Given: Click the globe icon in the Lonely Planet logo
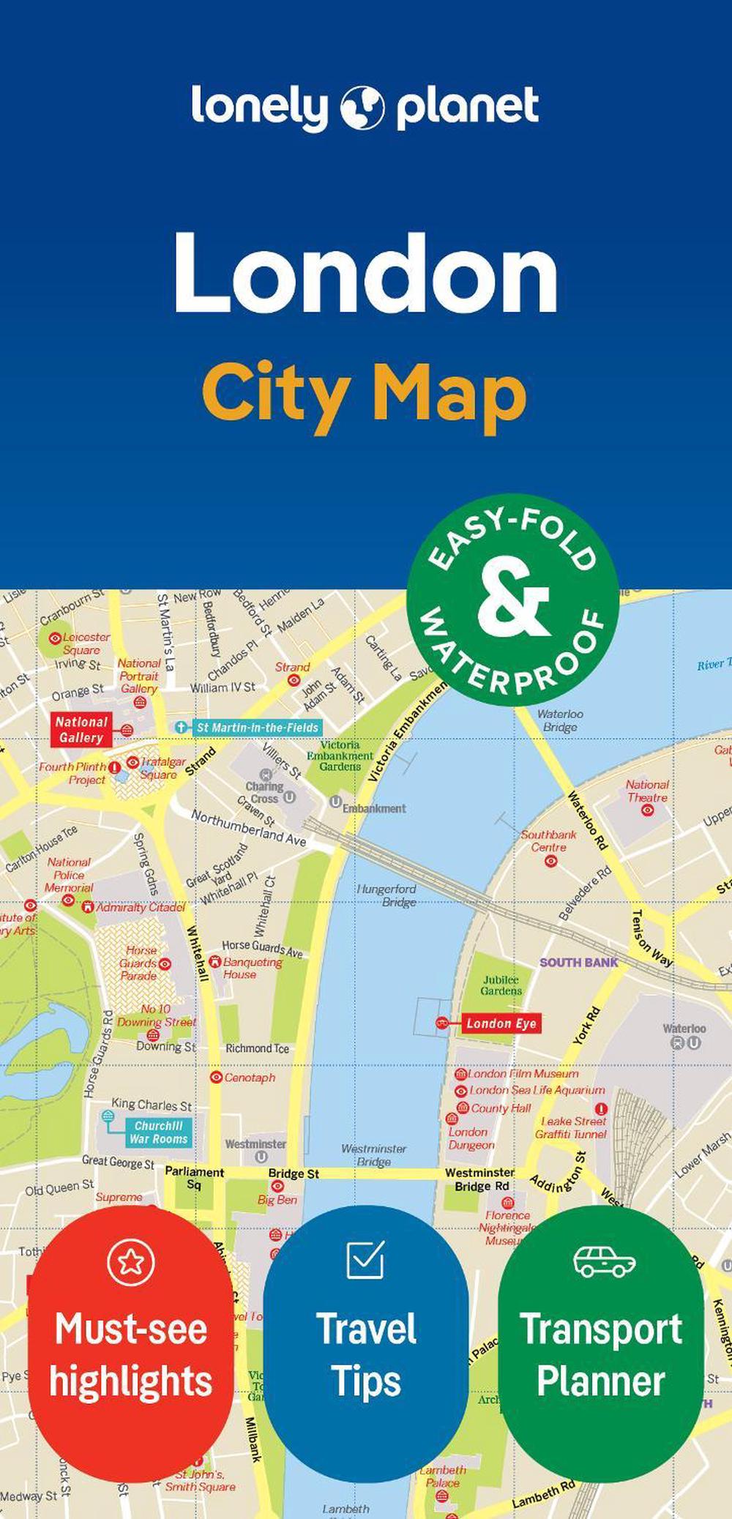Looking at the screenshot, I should (x=362, y=108).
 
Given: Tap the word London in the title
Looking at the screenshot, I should (x=365, y=274).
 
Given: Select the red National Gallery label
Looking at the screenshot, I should (x=81, y=730).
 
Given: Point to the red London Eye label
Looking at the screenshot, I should (x=501, y=1023).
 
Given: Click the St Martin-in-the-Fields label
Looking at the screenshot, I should (x=257, y=728).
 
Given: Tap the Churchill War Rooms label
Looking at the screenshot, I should (x=158, y=1132).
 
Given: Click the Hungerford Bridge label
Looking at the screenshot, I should (x=386, y=895).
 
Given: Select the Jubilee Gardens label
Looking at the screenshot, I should (x=501, y=985).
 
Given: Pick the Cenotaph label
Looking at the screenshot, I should (x=250, y=1078).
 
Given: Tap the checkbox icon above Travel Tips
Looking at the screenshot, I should (x=365, y=1259).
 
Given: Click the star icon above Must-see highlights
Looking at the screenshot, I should (x=131, y=1261).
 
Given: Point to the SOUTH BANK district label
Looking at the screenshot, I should (x=578, y=963).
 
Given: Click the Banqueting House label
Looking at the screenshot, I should (x=252, y=968).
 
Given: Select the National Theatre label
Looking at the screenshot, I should (x=647, y=791).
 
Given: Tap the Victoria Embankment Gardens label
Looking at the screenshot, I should (x=340, y=755).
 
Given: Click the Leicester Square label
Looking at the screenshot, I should (x=85, y=643).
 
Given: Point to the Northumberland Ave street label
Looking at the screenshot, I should (x=248, y=828).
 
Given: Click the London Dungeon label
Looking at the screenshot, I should (x=471, y=1138).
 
